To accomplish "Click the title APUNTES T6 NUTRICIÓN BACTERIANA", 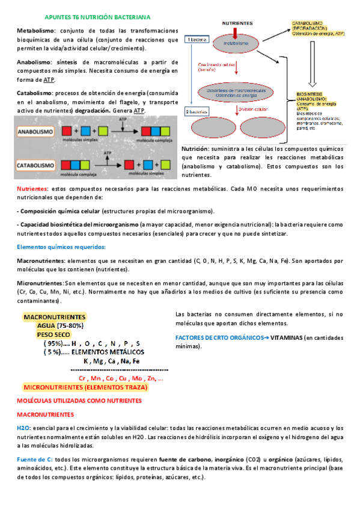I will click(x=99, y=19).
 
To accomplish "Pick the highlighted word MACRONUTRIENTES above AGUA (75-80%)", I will click(x=54, y=316).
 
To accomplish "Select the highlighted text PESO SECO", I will click(x=53, y=334).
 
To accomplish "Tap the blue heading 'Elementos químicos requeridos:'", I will click(x=53, y=247).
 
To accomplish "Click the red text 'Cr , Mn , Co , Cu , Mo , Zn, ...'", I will click(x=121, y=378).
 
